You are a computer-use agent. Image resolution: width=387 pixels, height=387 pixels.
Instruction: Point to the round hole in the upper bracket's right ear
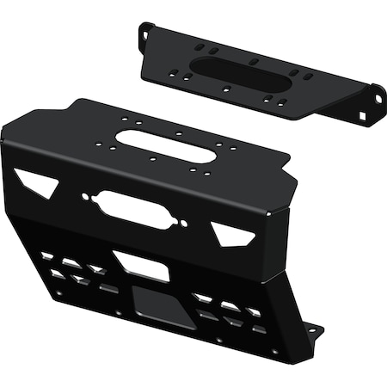tap(374, 89)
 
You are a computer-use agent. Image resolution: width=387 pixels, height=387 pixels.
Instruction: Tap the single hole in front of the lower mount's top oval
tap(151, 160)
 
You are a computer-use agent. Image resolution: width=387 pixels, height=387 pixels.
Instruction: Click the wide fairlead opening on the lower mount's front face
tap(130, 209)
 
